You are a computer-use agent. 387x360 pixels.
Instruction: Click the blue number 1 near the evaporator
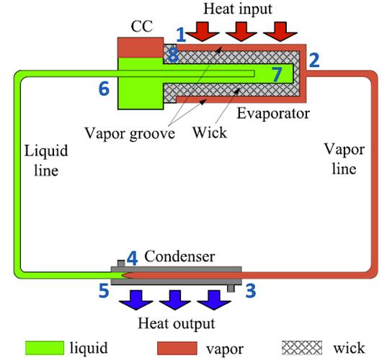[182, 34]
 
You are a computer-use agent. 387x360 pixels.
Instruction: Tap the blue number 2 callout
[313, 60]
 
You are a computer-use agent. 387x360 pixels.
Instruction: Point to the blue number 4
[132, 256]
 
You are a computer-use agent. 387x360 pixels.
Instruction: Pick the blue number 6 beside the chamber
[104, 88]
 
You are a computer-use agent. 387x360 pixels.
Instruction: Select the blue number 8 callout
[172, 55]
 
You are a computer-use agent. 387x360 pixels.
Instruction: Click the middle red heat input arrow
[242, 31]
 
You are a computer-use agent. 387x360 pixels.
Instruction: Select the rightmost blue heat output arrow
[208, 300]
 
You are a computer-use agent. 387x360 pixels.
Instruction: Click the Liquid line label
[43, 162]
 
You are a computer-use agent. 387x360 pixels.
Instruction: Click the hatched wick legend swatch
[303, 346]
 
